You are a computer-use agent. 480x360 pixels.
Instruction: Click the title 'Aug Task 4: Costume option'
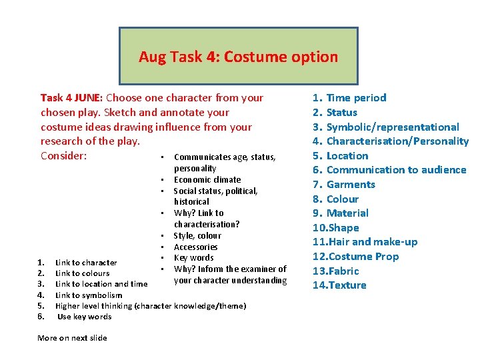coord(238,57)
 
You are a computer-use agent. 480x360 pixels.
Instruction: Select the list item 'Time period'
coord(356,98)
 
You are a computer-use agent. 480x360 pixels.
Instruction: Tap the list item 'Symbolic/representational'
coord(393,127)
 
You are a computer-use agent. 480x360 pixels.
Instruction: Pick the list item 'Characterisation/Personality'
coord(397,141)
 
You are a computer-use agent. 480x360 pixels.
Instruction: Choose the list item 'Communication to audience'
coord(396,170)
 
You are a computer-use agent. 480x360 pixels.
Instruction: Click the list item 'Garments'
coord(351,185)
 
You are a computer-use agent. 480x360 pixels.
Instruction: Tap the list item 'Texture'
coord(346,285)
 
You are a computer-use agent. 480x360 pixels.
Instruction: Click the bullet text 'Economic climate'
coord(207,179)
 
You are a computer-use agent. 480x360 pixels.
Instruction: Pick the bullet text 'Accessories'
coord(195,247)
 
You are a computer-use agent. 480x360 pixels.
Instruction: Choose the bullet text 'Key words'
coord(193,258)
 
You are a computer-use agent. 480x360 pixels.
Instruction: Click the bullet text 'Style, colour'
coord(197,235)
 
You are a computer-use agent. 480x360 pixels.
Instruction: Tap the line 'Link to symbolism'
coord(89,295)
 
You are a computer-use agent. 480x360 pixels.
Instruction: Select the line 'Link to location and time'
coord(101,284)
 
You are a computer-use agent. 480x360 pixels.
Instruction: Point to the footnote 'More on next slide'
coord(72,338)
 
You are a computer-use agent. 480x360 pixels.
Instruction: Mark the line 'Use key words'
coord(85,317)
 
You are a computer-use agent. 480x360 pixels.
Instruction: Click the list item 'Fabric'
coord(343,271)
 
